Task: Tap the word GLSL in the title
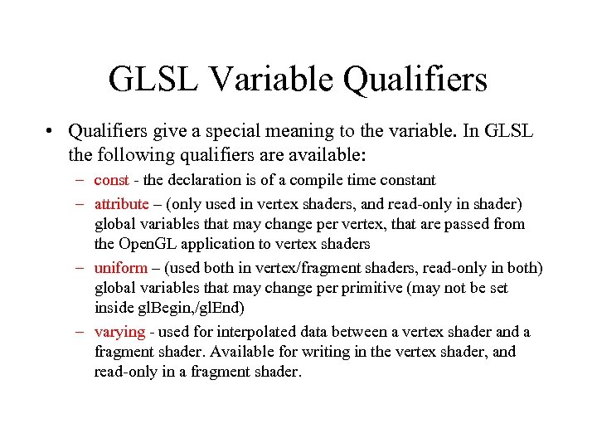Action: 153,80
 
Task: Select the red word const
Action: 111,180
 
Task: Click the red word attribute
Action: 121,203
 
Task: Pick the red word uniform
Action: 120,267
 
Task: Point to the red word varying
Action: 119,332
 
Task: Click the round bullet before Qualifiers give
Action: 51,132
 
